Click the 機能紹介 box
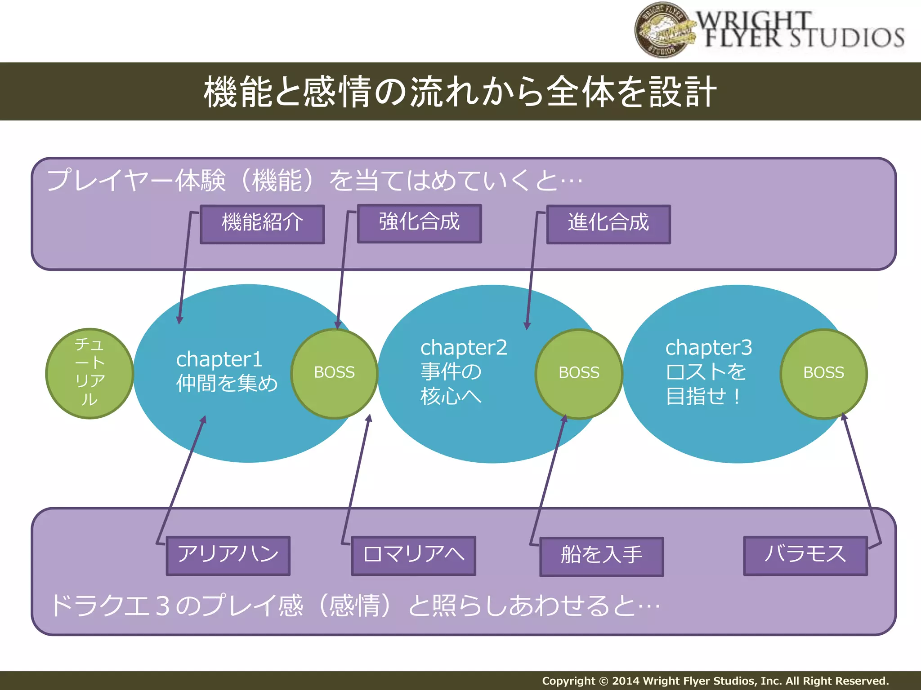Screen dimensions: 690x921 (x=262, y=224)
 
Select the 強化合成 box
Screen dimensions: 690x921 (x=419, y=223)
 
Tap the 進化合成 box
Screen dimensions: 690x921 (x=608, y=224)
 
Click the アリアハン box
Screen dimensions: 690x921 (x=228, y=556)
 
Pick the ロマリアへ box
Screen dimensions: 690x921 (x=413, y=556)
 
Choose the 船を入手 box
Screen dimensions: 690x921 (x=601, y=557)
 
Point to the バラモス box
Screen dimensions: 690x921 (x=805, y=556)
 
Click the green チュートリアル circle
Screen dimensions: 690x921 (x=89, y=373)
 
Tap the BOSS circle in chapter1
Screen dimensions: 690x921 (x=334, y=373)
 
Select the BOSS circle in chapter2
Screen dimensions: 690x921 (x=579, y=373)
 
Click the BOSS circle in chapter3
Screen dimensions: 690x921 (x=823, y=373)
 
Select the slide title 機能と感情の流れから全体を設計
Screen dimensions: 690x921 (x=460, y=92)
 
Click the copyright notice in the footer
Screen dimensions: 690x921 (x=715, y=681)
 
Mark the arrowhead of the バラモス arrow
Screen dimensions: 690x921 (x=844, y=417)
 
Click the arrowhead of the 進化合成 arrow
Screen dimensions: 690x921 (x=527, y=326)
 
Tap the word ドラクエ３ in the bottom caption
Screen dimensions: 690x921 (x=110, y=605)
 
